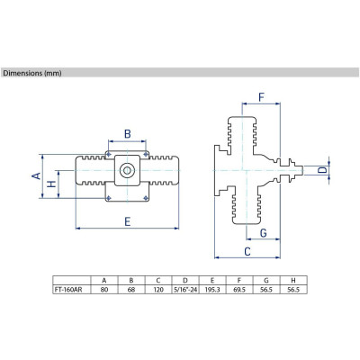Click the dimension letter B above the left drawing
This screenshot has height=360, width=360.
(128, 134)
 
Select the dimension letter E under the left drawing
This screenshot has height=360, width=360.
(128, 221)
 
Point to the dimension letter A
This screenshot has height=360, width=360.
(36, 176)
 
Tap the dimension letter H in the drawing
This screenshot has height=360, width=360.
(52, 184)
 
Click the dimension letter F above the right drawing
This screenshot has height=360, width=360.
(261, 97)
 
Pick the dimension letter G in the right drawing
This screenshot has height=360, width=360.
(263, 233)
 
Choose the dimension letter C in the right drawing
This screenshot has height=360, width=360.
(247, 251)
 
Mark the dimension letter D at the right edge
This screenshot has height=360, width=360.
(322, 170)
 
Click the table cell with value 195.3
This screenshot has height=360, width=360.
(212, 290)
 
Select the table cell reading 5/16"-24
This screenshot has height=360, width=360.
(185, 290)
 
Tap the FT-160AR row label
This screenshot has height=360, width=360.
(67, 290)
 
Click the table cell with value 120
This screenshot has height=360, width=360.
(158, 290)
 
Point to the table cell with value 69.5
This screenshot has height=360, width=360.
(239, 290)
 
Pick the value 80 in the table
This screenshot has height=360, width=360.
(104, 290)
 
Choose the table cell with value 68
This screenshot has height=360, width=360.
(131, 290)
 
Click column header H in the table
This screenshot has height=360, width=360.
(293, 281)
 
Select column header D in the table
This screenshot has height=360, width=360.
(185, 281)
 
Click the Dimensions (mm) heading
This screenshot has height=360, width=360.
(32, 73)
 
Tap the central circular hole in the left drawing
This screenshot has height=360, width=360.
(127, 171)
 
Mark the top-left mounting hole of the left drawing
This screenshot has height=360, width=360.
(109, 155)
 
